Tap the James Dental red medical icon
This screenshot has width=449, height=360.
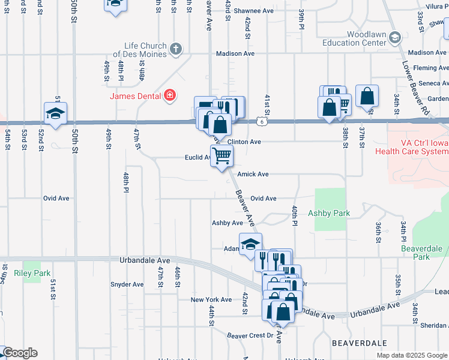point(170,95)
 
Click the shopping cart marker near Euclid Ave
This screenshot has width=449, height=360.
point(222,157)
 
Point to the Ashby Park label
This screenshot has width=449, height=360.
point(328,213)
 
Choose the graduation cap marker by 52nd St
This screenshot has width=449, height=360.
point(55,113)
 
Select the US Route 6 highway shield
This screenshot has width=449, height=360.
point(262,122)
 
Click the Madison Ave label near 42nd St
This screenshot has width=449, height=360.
point(235,53)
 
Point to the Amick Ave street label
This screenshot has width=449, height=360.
point(252,174)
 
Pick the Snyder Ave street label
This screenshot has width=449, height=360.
point(127,284)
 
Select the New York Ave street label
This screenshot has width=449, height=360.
point(211,299)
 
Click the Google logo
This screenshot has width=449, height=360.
point(19,353)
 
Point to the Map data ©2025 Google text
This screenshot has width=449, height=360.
point(411,355)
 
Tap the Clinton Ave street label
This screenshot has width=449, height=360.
point(244,142)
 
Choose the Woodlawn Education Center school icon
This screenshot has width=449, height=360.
point(394,38)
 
